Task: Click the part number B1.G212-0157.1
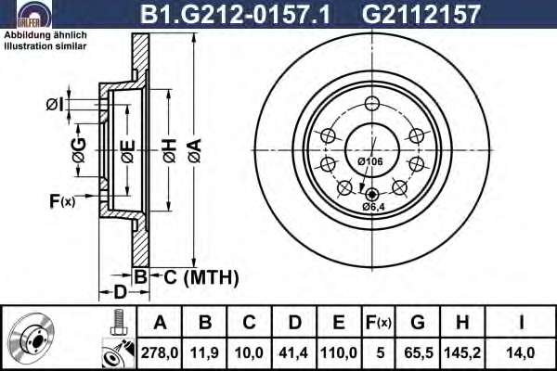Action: point(235,14)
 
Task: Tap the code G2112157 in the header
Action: point(421,14)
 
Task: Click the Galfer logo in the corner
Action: point(34,14)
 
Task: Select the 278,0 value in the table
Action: point(160,352)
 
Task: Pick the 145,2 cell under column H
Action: point(462,352)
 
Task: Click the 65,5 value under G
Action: point(419,352)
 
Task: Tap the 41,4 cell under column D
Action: point(293,352)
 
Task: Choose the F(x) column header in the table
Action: point(379,323)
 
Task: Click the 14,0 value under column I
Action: point(521,352)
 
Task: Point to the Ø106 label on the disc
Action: point(370,161)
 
